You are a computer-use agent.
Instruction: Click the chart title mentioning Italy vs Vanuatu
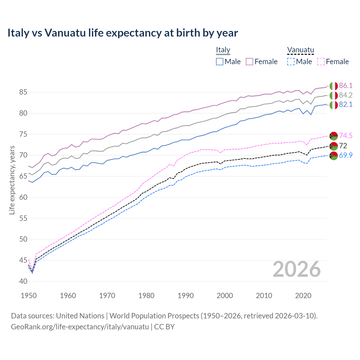(123, 33)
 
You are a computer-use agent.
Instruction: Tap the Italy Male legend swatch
(220, 62)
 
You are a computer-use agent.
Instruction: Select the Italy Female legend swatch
(249, 62)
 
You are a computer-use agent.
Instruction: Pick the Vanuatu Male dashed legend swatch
(291, 62)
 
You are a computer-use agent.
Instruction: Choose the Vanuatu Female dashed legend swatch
(321, 62)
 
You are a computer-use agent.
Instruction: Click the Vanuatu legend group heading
(300, 50)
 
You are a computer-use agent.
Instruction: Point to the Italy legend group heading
(223, 50)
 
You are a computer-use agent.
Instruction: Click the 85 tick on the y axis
(15, 92)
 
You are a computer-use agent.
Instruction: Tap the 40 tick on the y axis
(15, 281)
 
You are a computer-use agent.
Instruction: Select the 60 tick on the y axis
(15, 197)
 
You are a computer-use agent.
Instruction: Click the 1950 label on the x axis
(29, 296)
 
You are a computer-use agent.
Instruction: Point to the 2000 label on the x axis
(225, 296)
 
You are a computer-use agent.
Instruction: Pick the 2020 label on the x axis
(303, 296)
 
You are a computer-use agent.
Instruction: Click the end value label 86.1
(346, 86)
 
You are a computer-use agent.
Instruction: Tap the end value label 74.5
(346, 136)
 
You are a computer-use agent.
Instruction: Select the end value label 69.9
(346, 155)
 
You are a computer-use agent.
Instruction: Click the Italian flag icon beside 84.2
(334, 95)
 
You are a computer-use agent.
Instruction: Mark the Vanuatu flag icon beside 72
(334, 146)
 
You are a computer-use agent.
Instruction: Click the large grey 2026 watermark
(296, 269)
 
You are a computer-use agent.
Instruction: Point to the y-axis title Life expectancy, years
(12, 180)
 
